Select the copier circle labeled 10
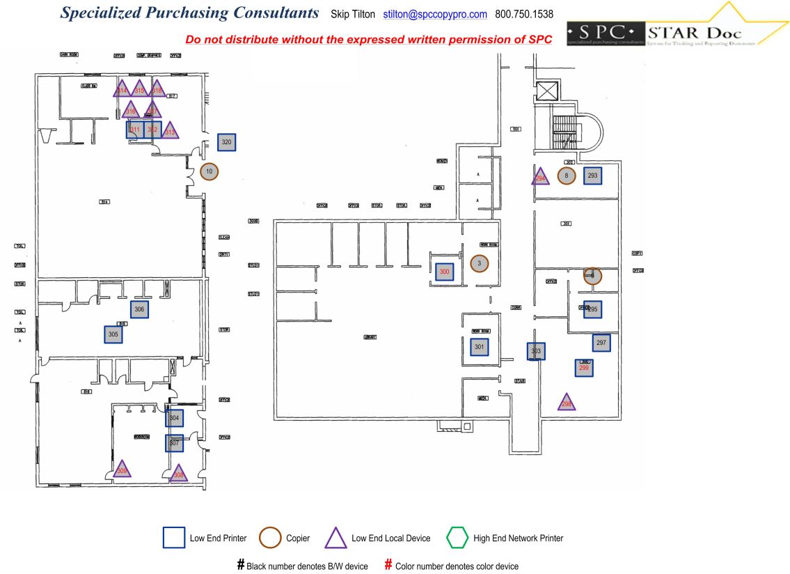tap(210, 171)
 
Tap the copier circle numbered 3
tap(480, 263)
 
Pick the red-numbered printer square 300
tap(445, 271)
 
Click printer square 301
tap(479, 346)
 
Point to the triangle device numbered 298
tap(567, 403)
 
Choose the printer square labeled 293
tap(593, 176)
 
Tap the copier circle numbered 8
tap(567, 176)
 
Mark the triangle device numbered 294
tap(540, 177)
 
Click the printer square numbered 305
tap(113, 335)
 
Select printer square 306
tap(140, 309)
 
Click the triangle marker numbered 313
tap(170, 131)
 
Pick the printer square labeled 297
tap(601, 343)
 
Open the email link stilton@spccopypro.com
tap(435, 14)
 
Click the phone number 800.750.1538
tap(524, 14)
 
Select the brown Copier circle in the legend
tap(270, 538)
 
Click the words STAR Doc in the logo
tap(693, 33)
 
